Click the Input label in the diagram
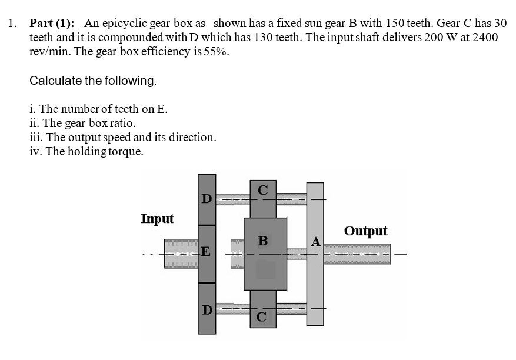(x=157, y=219)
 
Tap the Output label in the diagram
(x=365, y=231)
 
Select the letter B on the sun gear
(x=263, y=241)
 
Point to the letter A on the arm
(x=315, y=242)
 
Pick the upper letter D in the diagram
(x=206, y=199)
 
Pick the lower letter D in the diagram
(x=206, y=309)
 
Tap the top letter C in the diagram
(x=263, y=189)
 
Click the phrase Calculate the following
(x=93, y=81)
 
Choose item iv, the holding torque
(x=86, y=152)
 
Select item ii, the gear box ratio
(x=82, y=124)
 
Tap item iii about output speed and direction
(x=122, y=138)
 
